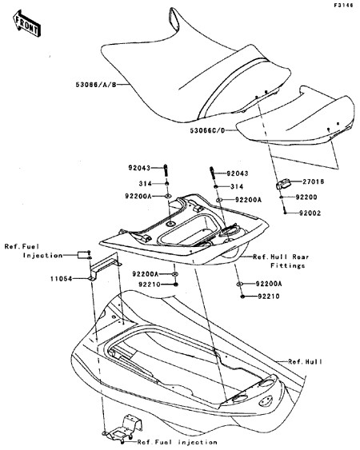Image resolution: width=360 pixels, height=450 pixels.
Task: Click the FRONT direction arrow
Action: point(26,23)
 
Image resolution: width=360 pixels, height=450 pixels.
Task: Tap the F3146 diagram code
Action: point(344,6)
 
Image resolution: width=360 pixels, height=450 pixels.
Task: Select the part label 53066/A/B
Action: point(96,85)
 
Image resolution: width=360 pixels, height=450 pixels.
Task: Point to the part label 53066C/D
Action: point(207,130)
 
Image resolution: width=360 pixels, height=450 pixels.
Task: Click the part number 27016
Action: point(313,181)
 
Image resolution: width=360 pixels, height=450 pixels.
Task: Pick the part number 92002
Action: point(310,213)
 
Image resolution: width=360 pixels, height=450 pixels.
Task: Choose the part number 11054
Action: point(61,279)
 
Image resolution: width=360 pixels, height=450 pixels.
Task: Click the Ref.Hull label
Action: point(305,361)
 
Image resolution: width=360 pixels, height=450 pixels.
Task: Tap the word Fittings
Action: point(287,265)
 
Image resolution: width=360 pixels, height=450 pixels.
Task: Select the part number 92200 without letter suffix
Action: point(306,197)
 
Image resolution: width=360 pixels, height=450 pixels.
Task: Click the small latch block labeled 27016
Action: point(283,184)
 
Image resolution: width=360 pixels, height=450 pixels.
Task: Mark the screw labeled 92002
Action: point(285,210)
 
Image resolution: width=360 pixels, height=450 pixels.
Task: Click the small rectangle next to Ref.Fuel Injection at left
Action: point(82,254)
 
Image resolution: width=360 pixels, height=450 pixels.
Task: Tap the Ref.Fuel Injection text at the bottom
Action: point(177,442)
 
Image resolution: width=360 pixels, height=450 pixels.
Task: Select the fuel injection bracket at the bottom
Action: point(123,428)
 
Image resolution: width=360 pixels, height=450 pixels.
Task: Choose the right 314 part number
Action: point(237,186)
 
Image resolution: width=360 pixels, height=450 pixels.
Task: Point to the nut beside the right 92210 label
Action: point(242,297)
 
